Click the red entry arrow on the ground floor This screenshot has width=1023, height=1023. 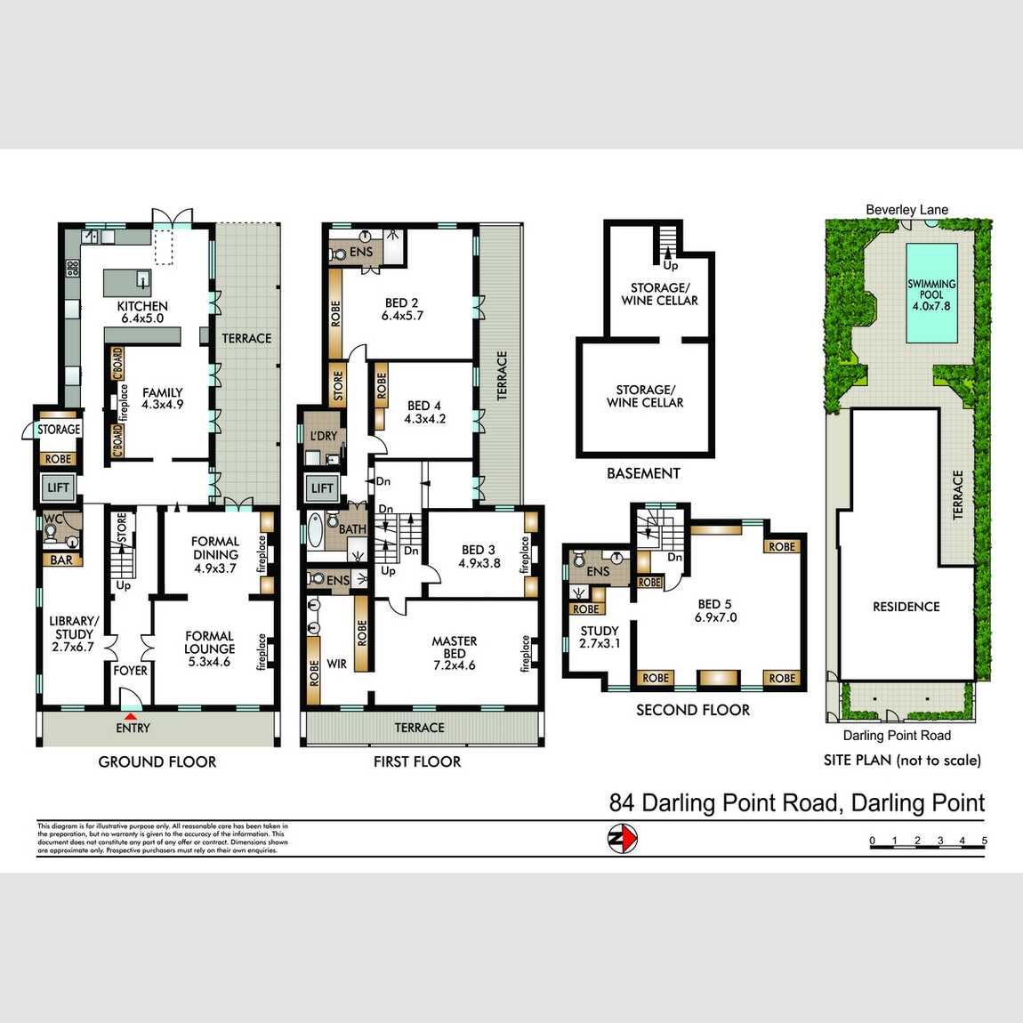click(x=131, y=716)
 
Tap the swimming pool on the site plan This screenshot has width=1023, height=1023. click(x=931, y=294)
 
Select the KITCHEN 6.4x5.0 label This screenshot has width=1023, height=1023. click(x=142, y=312)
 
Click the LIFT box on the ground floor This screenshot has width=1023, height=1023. click(x=58, y=487)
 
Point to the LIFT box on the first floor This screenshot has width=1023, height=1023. click(x=322, y=488)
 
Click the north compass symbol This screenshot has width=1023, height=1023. click(x=623, y=839)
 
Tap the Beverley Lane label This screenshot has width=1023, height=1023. click(x=906, y=210)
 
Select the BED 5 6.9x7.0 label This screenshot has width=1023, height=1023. click(x=715, y=610)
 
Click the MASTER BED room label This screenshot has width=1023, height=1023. click(x=454, y=653)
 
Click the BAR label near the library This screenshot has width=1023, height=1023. click(x=61, y=560)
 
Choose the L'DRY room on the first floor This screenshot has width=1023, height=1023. click(x=324, y=436)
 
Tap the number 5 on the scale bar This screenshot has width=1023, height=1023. click(x=984, y=841)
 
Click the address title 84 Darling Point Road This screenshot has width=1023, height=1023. click(x=796, y=803)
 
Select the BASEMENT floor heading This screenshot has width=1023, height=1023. click(x=643, y=473)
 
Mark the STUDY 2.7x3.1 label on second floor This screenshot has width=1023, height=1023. click(x=600, y=637)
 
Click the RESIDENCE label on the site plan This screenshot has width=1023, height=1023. click(x=906, y=607)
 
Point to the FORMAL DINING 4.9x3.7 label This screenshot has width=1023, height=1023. click(x=215, y=554)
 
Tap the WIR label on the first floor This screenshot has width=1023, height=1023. click(x=337, y=664)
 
